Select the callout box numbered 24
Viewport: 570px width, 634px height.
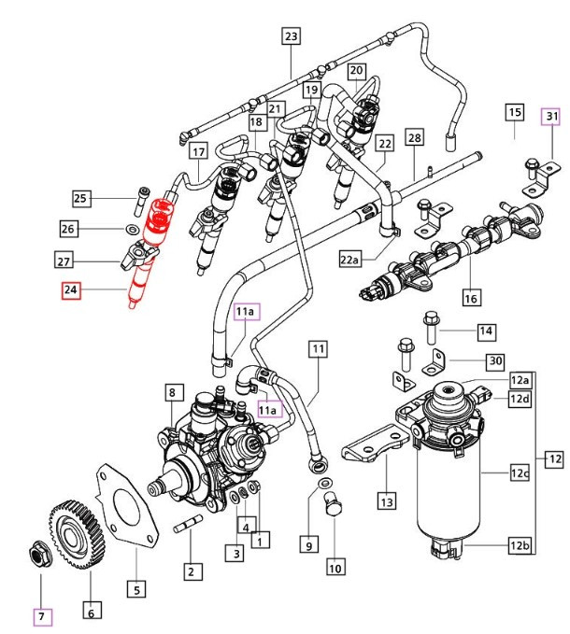(72, 290)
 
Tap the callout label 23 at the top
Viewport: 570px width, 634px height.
(291, 36)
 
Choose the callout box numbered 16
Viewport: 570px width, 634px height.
(470, 298)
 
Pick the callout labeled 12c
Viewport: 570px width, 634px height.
(520, 474)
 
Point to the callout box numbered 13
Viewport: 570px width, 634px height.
(386, 502)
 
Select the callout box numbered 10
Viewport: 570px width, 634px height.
(335, 566)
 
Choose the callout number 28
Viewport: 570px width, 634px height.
(414, 137)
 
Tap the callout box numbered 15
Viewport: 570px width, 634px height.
(514, 113)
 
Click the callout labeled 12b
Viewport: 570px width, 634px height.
(520, 545)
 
